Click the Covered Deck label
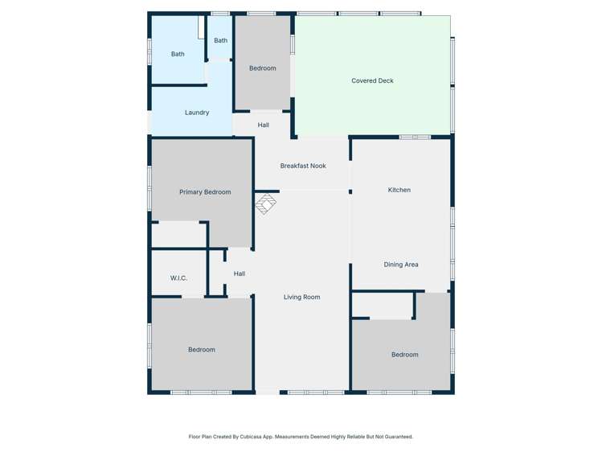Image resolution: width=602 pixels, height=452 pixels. click(x=372, y=81)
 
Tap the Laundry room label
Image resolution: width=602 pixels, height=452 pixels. click(x=197, y=113)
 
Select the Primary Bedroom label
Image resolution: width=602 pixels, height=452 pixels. click(x=205, y=192)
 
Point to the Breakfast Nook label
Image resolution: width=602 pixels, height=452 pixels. click(x=303, y=166)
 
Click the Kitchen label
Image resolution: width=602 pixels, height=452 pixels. click(x=399, y=190)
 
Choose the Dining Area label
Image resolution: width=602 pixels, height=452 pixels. click(x=400, y=265)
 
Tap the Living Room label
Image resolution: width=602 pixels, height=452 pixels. click(x=301, y=297)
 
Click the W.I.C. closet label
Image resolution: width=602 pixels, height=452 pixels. click(x=178, y=278)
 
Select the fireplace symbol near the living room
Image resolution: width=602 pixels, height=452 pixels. click(x=266, y=204)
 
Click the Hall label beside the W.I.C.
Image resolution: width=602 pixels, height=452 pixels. click(x=240, y=273)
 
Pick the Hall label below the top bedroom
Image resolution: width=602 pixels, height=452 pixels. click(x=264, y=125)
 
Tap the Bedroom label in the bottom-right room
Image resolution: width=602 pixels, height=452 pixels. click(x=405, y=355)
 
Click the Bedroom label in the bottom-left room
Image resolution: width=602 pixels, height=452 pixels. click(x=202, y=350)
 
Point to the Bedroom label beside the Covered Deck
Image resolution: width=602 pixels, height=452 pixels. click(x=263, y=68)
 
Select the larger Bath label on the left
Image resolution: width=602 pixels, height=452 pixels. click(x=178, y=55)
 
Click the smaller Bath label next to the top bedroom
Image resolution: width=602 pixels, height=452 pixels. click(x=220, y=40)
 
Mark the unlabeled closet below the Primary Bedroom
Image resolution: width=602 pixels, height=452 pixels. click(x=178, y=234)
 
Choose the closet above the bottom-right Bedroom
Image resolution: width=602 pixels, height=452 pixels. click(x=383, y=306)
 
